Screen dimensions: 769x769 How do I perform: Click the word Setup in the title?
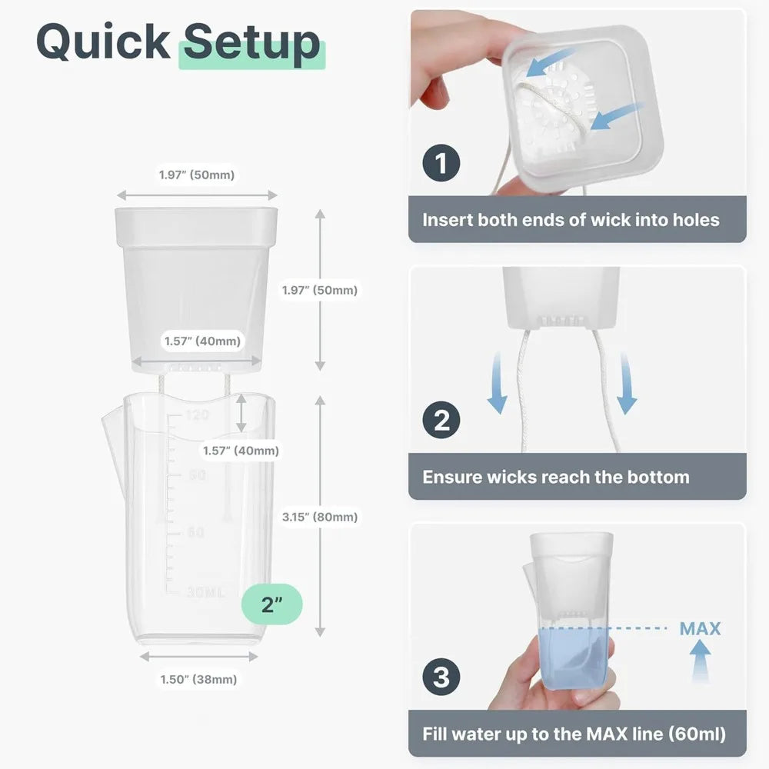[251, 43]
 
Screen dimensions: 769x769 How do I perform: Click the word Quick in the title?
[103, 42]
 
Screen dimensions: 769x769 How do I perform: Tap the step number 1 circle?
[441, 163]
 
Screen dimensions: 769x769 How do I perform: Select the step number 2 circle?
[441, 420]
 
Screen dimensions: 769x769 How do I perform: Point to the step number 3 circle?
[441, 677]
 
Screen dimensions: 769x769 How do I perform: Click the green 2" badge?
[271, 604]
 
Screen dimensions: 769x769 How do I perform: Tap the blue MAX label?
[700, 628]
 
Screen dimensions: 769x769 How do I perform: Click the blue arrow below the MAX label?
[701, 661]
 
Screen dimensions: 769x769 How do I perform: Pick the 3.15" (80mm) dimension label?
[320, 517]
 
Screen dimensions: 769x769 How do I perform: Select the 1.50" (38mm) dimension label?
[198, 679]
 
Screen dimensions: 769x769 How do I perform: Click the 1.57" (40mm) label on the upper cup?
[202, 341]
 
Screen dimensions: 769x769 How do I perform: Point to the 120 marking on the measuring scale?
[197, 415]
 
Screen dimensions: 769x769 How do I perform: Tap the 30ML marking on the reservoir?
[205, 592]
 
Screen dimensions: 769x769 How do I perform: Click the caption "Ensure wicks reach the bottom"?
[556, 478]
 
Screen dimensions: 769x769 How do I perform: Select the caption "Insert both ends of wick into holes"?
[571, 220]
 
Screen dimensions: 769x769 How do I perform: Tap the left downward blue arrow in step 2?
[497, 382]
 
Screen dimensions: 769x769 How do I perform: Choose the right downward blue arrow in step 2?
[626, 383]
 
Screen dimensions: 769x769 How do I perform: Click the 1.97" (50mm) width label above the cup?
[197, 175]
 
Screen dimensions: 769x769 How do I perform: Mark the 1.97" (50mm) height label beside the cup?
[320, 291]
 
